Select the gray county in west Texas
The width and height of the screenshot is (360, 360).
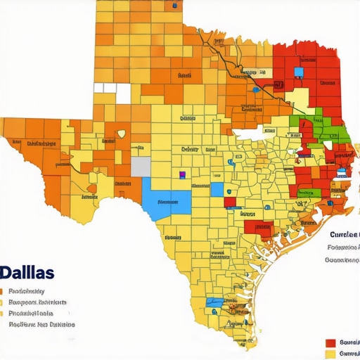click(141, 167)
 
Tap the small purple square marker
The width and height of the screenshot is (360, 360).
click(183, 174)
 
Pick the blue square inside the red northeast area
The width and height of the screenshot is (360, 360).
click(300, 72)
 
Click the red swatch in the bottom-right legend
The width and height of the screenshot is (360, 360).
click(330, 342)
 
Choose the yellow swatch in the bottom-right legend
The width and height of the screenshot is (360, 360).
click(330, 353)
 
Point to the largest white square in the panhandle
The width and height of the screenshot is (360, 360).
click(123, 94)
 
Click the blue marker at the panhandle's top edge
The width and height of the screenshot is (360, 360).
click(174, 6)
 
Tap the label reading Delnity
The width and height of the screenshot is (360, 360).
click(191, 149)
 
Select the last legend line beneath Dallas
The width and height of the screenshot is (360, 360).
click(41, 325)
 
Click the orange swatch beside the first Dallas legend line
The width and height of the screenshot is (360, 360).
click(2, 291)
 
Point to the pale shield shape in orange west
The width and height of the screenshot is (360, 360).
click(122, 133)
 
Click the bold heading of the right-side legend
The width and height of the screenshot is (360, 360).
click(345, 234)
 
